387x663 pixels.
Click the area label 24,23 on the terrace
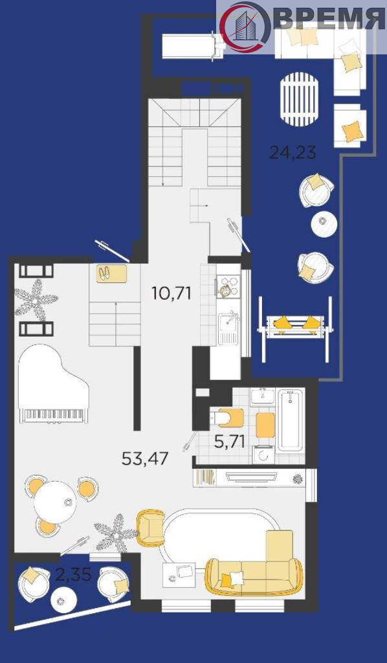pyautogui.click(x=293, y=152)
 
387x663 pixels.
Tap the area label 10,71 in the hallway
pyautogui.click(x=171, y=293)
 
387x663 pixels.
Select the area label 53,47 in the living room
pyautogui.click(x=145, y=458)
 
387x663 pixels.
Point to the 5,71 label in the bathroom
pyautogui.click(x=230, y=442)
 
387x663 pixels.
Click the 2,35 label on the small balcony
pyautogui.click(x=73, y=575)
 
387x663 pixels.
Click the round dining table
pyautogui.click(x=55, y=502)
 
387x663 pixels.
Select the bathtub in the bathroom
pyautogui.click(x=290, y=420)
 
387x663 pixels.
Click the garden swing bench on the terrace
pyautogui.click(x=295, y=329)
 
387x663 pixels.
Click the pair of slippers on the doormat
pyautogui.click(x=104, y=273)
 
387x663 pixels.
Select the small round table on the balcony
pyautogui.click(x=64, y=600)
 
